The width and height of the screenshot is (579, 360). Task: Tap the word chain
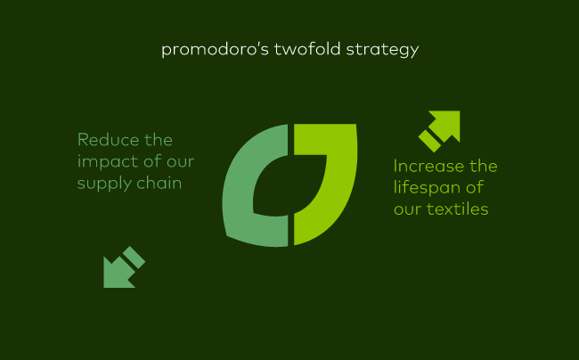(160, 184)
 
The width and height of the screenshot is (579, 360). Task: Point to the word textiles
(458, 209)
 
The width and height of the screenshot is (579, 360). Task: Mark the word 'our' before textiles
(406, 210)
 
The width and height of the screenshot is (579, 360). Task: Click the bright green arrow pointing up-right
(441, 129)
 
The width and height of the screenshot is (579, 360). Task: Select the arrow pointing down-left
(122, 268)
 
